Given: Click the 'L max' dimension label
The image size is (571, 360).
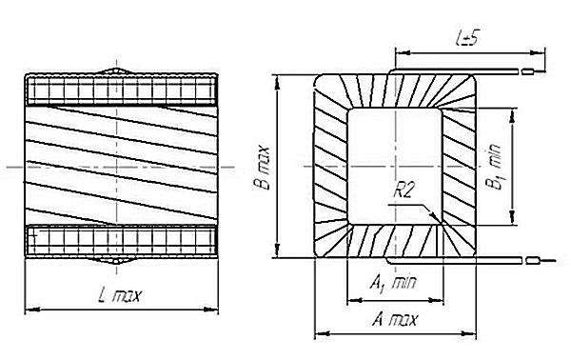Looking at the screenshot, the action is tap(119, 296).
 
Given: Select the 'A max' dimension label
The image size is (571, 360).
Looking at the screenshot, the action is tap(395, 320).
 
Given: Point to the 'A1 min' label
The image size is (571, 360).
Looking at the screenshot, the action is tap(393, 283).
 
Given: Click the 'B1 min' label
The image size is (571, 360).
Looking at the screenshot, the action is tap(494, 167).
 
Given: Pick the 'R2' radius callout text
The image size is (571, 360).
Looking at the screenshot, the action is tap(404, 190).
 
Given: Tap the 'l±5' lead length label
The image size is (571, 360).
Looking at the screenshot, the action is tap(466, 38).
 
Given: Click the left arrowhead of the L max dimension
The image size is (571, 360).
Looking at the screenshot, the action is tap(32, 310).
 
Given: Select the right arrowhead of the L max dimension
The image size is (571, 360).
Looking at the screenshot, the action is tap(211, 310).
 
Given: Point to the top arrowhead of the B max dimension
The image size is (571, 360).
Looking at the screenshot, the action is tap(278, 82).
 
